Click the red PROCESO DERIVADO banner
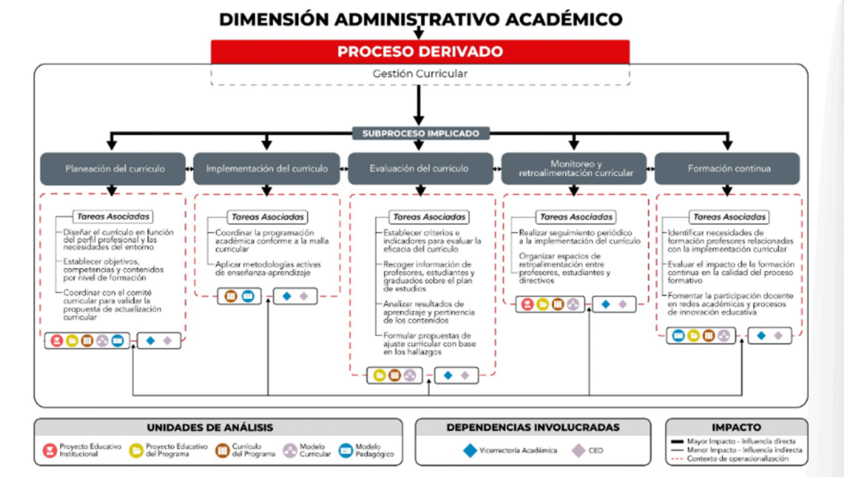point(420,52)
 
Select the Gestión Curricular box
point(420,73)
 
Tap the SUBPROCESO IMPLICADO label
point(420,133)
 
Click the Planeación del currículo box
point(115,168)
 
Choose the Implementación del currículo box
point(267,168)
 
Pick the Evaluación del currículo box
point(419,168)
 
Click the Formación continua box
point(728,168)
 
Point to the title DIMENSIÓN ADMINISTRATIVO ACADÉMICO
point(420,19)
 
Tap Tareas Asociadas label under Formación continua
point(729,217)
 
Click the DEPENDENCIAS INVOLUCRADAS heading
point(532,428)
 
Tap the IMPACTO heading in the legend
point(738,428)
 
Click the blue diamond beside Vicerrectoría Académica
point(470,451)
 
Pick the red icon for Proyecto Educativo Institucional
point(49,451)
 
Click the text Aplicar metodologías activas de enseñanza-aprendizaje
point(267,269)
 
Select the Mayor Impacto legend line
point(681,442)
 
